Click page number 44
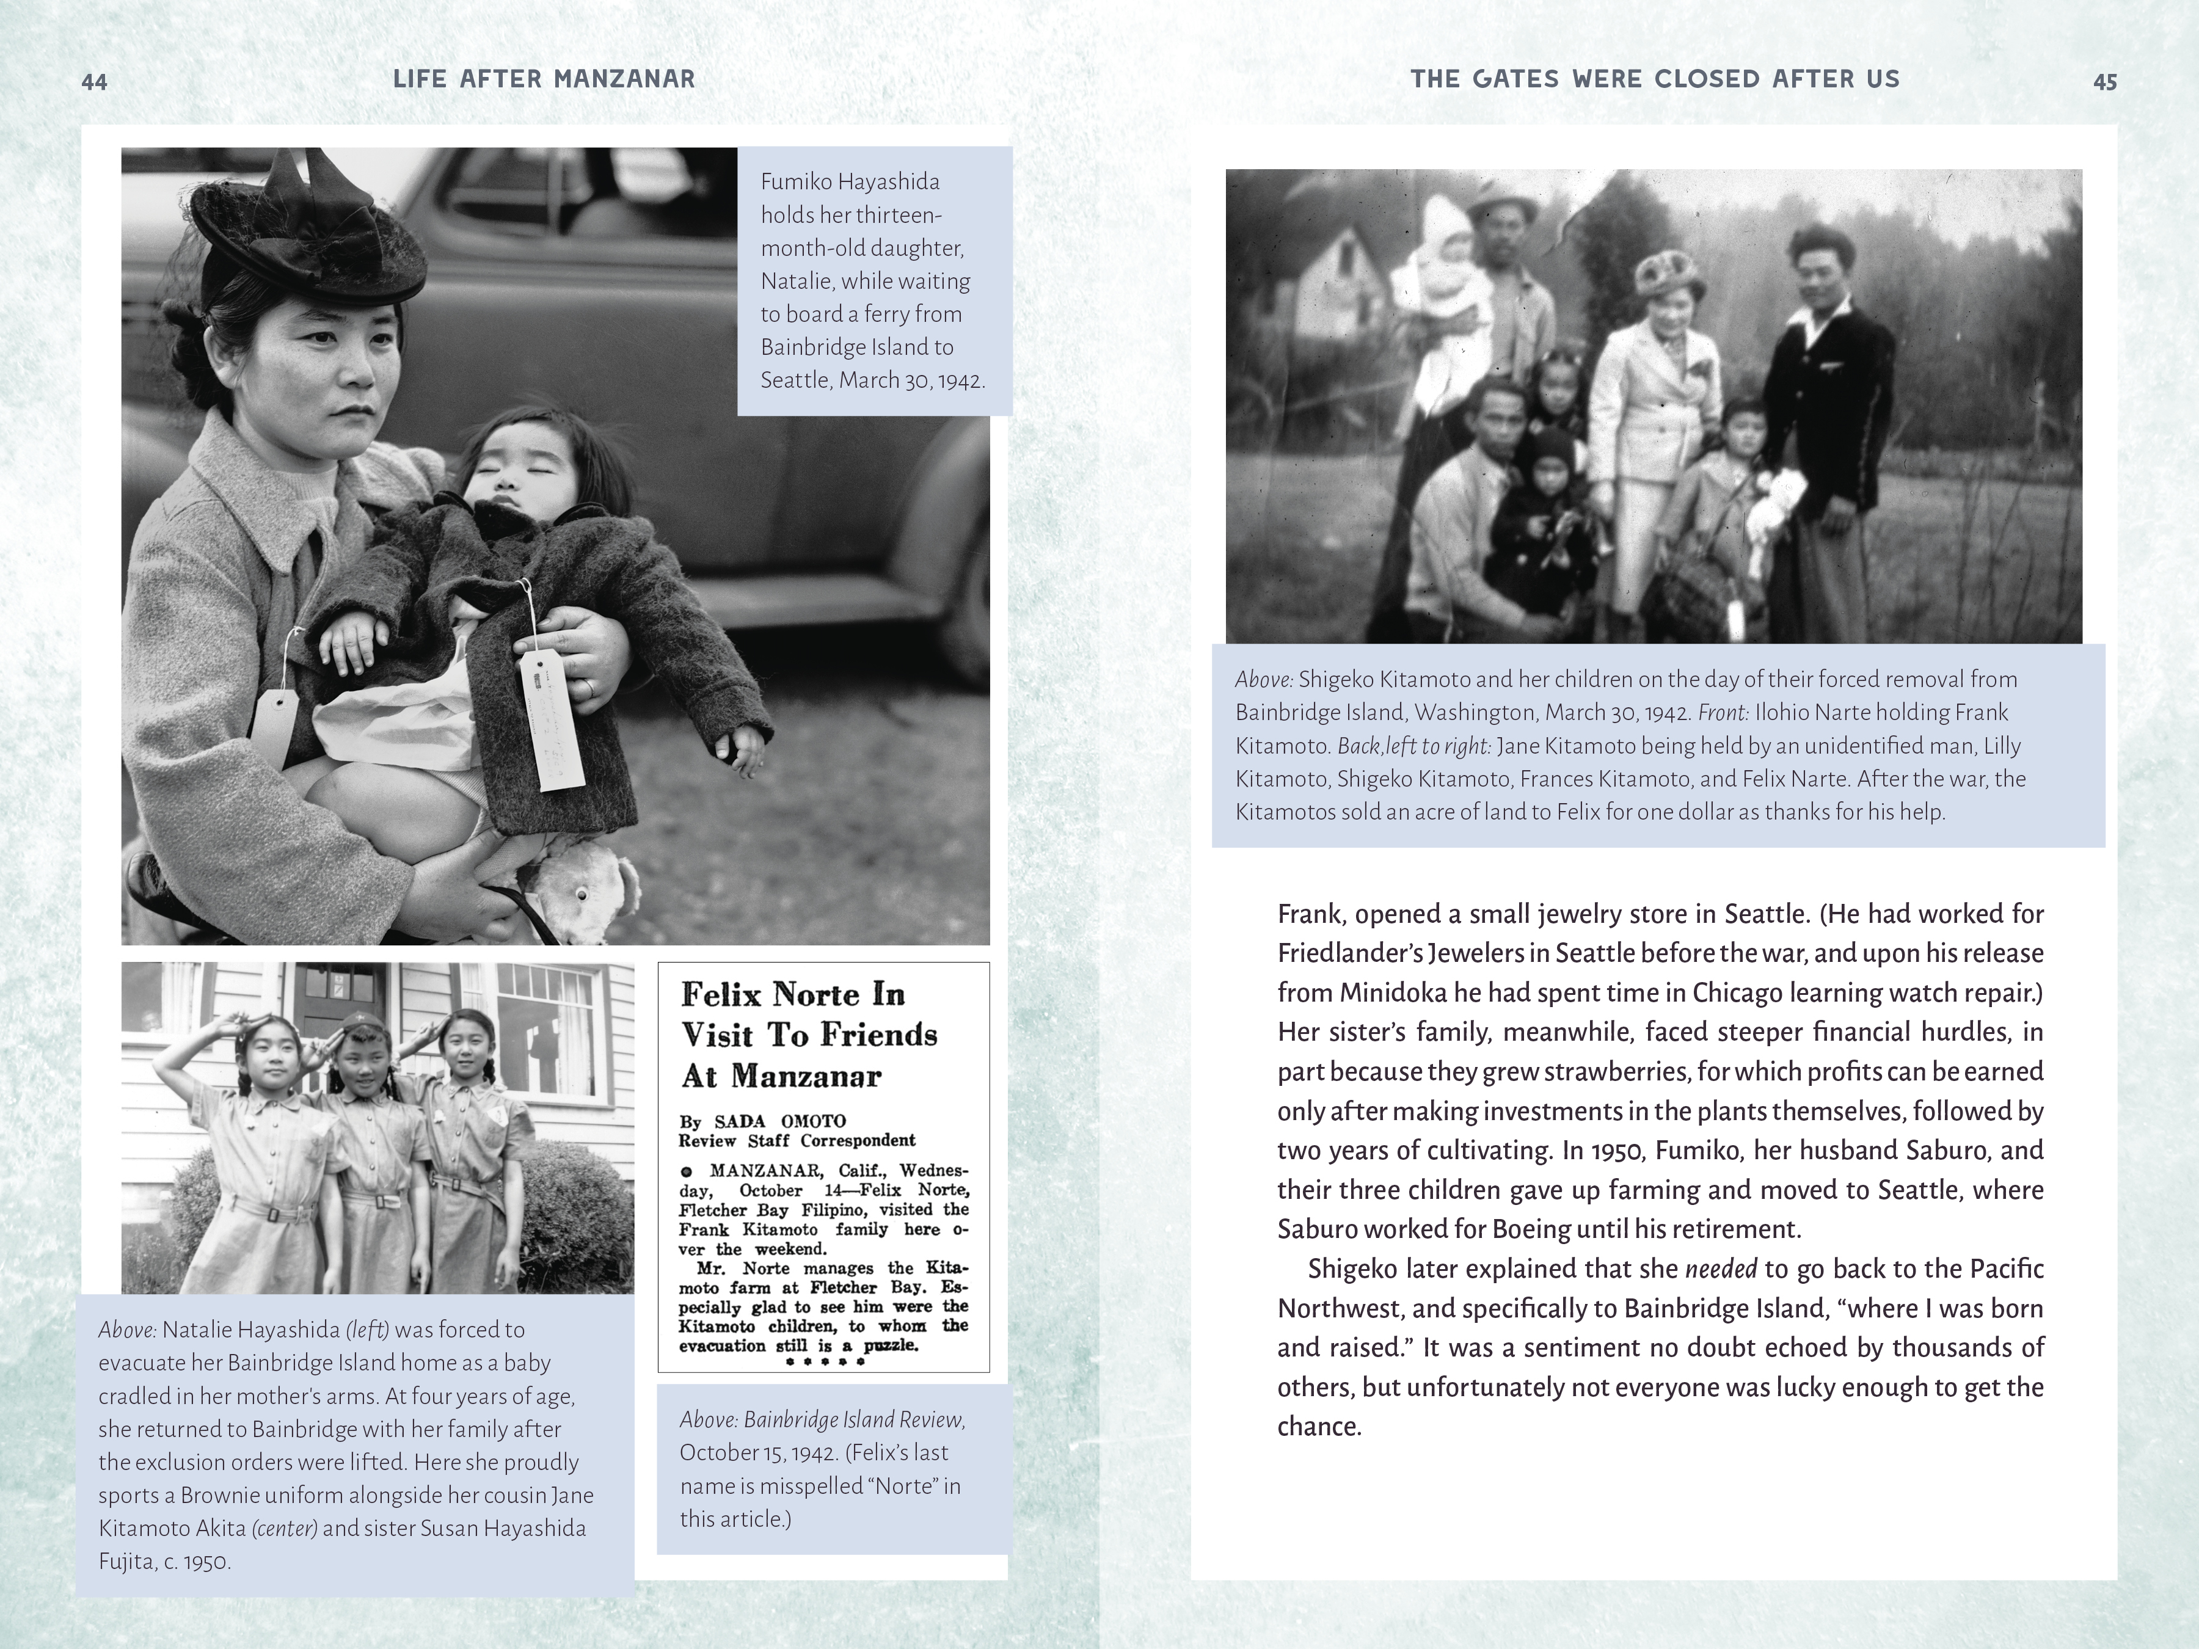point(95,81)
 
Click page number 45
point(2104,81)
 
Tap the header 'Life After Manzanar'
point(544,79)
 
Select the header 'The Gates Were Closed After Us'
point(1654,79)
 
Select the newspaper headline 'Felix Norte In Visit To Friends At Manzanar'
point(808,1035)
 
